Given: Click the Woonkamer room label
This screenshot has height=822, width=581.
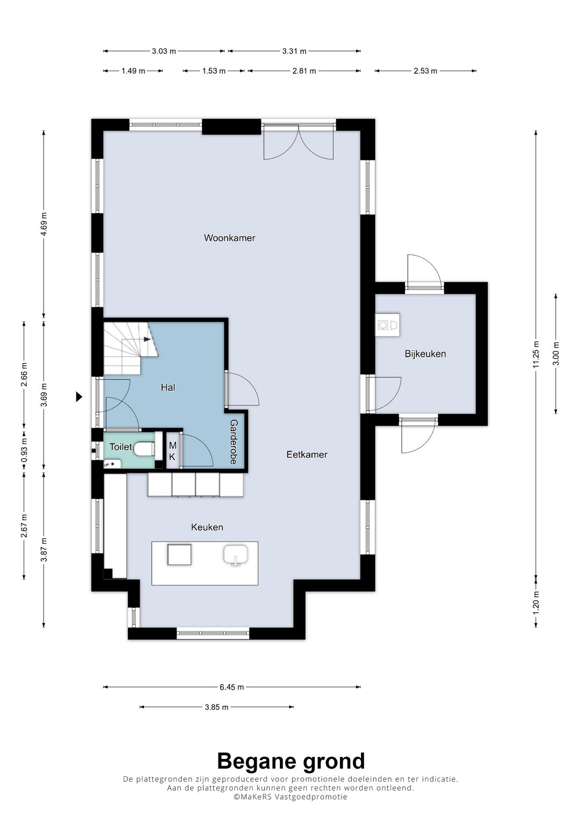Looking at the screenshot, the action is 229,238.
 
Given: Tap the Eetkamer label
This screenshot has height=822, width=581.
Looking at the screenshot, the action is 307,454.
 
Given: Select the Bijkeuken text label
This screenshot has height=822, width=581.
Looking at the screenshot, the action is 425,354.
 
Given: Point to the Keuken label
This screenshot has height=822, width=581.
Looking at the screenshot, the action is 207,527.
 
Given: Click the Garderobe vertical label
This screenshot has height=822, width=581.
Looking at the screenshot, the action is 233,441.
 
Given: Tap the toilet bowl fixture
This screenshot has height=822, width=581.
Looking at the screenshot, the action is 144,448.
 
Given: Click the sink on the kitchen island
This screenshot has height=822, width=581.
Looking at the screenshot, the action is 236,556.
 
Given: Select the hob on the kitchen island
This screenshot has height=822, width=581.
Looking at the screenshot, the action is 179,554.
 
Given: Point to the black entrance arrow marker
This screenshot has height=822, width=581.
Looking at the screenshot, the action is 79,397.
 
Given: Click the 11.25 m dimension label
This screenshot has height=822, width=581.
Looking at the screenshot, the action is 536,354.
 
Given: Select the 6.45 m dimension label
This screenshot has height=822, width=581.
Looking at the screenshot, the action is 232,687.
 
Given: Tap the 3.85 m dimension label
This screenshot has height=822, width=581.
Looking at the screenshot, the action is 217,707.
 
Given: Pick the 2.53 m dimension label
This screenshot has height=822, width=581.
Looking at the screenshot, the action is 426,71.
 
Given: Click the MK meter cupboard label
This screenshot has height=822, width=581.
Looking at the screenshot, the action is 172,451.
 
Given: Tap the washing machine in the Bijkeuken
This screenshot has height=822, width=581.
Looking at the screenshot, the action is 387,325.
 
